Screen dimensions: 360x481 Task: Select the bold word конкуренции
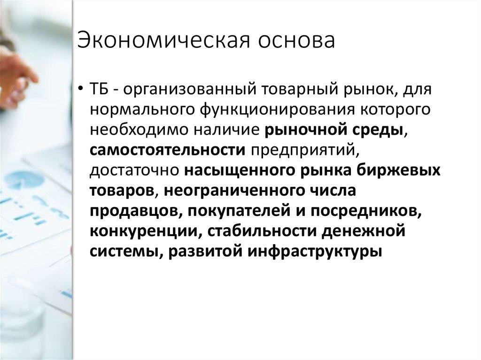point(143,231)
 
